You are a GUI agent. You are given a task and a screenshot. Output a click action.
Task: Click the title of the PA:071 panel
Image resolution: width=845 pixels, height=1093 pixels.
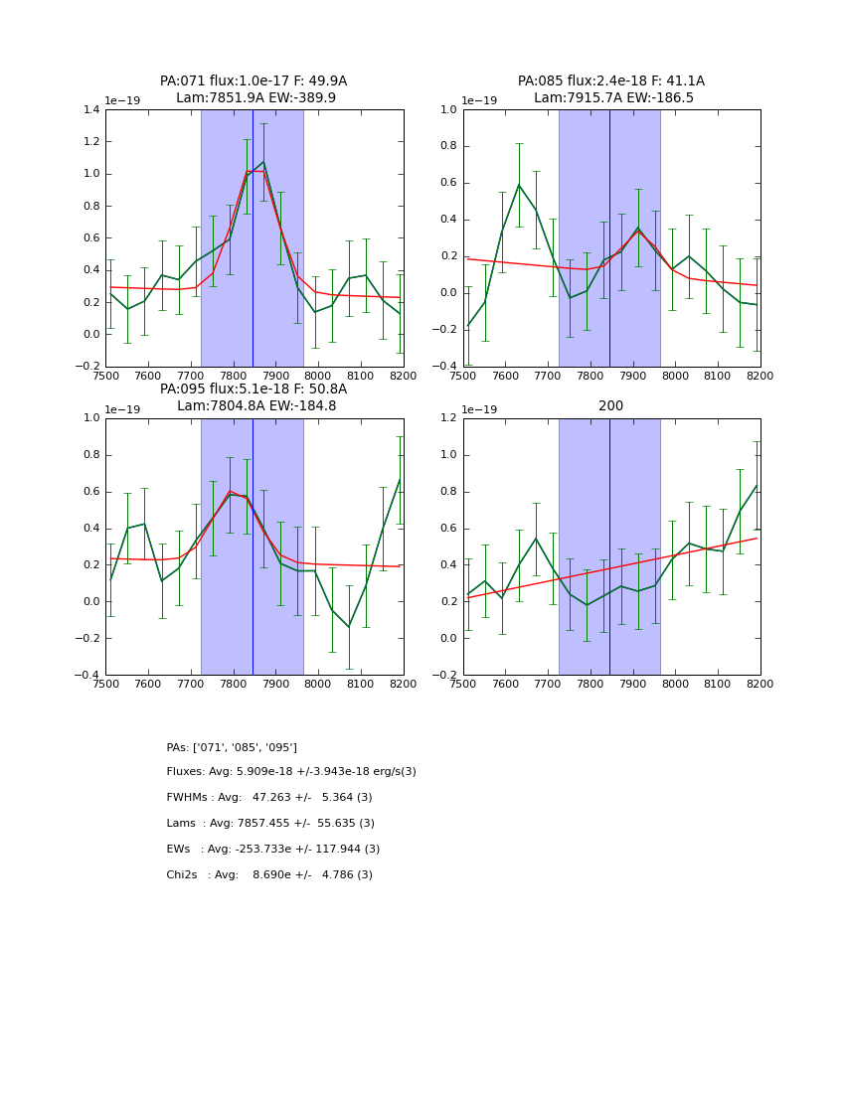tap(253, 89)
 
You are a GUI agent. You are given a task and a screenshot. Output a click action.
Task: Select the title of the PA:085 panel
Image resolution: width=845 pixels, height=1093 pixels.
tap(611, 89)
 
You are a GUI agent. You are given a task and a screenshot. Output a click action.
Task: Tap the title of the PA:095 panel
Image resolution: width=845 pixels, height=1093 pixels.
tap(253, 397)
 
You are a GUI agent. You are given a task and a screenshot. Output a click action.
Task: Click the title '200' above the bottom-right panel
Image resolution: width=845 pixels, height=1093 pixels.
tap(611, 405)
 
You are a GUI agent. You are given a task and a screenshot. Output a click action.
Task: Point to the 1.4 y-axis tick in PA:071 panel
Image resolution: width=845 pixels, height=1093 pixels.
tap(89, 110)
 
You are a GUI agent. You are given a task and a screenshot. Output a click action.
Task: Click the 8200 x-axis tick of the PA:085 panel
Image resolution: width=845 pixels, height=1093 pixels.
tap(760, 376)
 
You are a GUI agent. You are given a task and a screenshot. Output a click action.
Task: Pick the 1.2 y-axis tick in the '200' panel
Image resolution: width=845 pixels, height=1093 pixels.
tap(447, 418)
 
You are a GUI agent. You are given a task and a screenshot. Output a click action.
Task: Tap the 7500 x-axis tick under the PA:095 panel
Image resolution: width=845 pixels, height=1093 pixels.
tap(105, 684)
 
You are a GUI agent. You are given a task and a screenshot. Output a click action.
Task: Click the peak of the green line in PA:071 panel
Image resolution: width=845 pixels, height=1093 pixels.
tap(263, 162)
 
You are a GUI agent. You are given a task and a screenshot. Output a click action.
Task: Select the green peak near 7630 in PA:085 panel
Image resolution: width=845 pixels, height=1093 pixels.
tap(519, 184)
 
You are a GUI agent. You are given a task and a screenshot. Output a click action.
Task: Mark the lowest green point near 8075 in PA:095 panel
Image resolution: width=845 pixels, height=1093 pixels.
tap(349, 627)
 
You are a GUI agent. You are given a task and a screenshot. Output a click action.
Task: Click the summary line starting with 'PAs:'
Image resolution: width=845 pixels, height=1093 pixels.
tap(232, 747)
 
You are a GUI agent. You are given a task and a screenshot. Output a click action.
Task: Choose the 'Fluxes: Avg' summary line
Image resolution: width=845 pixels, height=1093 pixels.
tap(291, 772)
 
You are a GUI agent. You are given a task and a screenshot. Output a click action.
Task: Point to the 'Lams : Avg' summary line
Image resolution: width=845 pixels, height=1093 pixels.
tap(270, 824)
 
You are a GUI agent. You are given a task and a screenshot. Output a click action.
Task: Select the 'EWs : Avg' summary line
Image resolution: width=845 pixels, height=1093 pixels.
tap(273, 850)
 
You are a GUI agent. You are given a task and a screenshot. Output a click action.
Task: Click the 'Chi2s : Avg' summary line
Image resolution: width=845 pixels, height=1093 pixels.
tap(269, 875)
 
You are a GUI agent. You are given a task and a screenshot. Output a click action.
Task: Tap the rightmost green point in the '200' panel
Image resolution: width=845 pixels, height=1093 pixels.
tap(758, 485)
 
